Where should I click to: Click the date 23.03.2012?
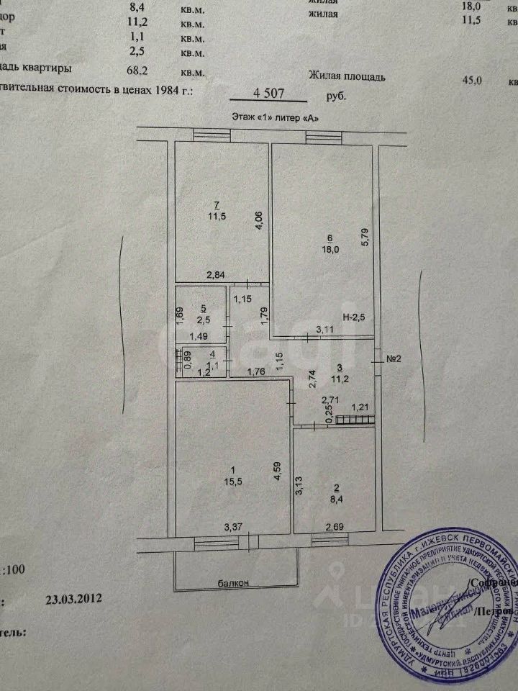[74, 598]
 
